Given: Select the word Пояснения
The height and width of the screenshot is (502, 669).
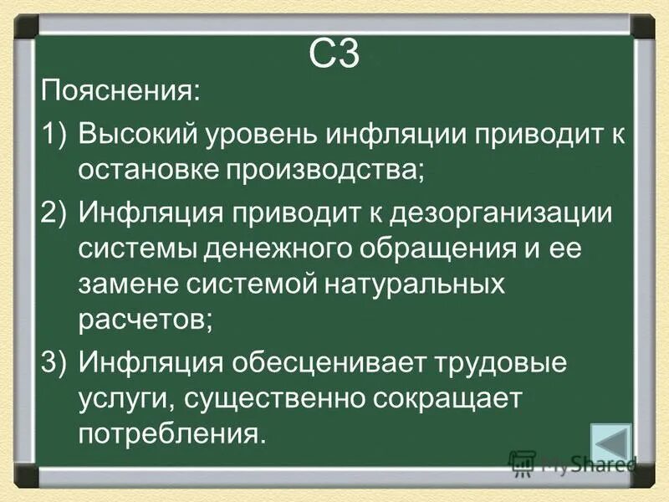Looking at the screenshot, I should [x=119, y=90].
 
